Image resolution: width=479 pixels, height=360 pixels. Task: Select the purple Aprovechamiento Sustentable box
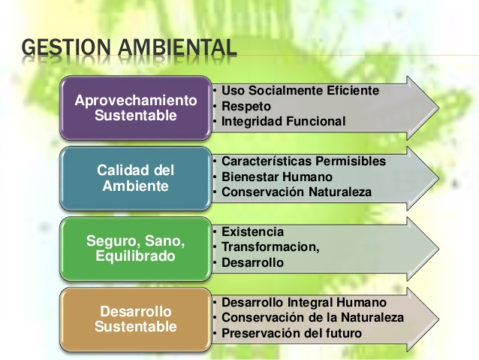135,108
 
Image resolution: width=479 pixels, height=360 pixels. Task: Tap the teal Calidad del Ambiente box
135,177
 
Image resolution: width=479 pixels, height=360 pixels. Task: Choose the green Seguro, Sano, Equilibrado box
135,247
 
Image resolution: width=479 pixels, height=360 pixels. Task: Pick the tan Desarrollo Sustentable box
135,319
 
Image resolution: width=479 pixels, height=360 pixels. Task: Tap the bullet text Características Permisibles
303,162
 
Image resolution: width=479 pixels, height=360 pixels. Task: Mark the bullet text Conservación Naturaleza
297,192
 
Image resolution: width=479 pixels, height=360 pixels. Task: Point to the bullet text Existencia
252,231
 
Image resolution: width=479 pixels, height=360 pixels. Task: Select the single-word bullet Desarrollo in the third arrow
252,262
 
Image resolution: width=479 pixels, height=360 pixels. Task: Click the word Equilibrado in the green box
135,256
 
